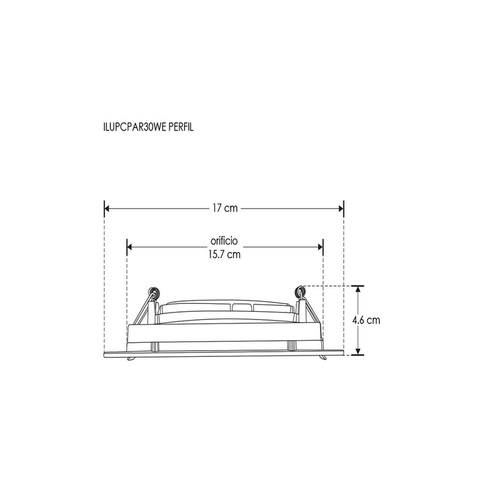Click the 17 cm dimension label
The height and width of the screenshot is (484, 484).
(225, 208)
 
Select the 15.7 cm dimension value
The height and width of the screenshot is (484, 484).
(225, 255)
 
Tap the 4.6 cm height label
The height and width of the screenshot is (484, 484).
(366, 320)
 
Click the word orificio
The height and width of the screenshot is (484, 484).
(224, 241)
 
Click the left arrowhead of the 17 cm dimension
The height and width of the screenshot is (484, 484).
(107, 208)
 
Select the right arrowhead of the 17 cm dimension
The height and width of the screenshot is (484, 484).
(341, 208)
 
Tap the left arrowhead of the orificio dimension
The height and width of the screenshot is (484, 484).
(129, 247)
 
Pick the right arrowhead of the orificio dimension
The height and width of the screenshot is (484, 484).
(321, 247)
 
